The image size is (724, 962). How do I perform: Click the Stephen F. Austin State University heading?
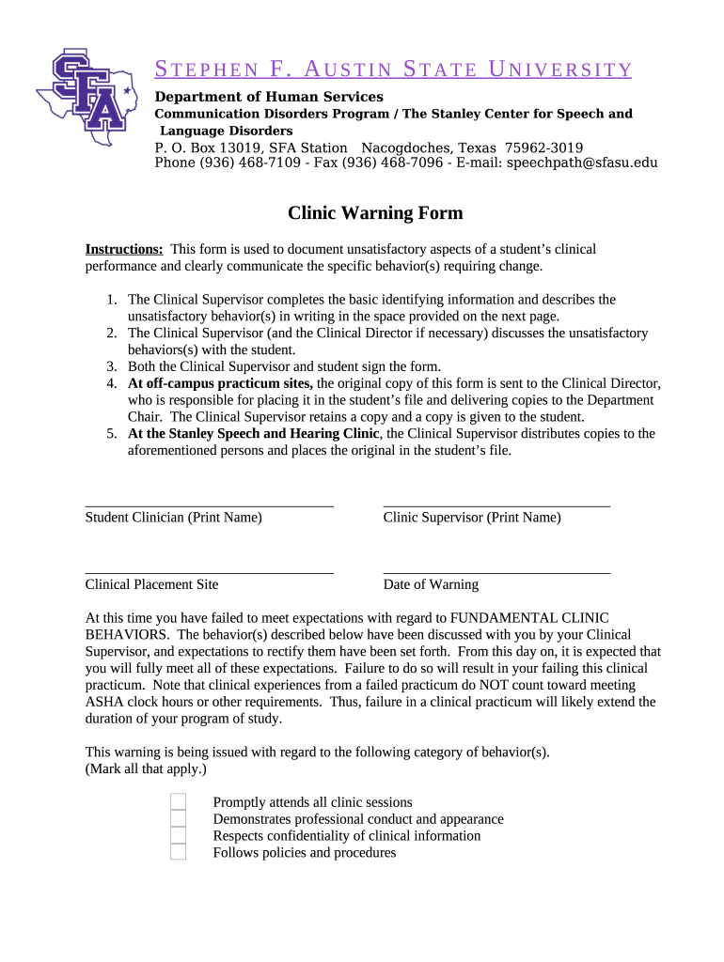click(x=393, y=70)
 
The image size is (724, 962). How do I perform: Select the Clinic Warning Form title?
click(x=375, y=213)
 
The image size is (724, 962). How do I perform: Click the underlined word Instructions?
click(x=124, y=249)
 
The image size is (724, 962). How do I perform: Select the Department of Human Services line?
click(x=269, y=97)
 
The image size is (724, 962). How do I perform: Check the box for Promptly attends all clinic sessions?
click(x=178, y=801)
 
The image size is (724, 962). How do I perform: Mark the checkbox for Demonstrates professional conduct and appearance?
click(x=178, y=818)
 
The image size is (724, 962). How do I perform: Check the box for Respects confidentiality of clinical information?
click(x=178, y=835)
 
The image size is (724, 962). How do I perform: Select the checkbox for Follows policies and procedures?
click(x=178, y=852)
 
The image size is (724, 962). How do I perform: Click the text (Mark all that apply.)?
click(x=146, y=768)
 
